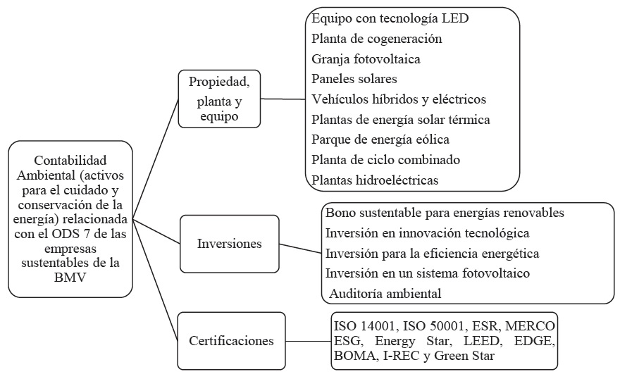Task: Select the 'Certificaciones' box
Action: [x=231, y=341]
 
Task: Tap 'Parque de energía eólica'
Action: [x=380, y=139]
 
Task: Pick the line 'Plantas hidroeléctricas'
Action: [x=375, y=180]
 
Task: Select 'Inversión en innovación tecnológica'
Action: [x=427, y=232]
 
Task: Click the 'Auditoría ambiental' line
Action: [x=383, y=292]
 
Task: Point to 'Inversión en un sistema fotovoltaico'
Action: [x=427, y=272]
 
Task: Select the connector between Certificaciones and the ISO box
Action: [x=307, y=342]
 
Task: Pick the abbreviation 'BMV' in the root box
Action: [x=70, y=278]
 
